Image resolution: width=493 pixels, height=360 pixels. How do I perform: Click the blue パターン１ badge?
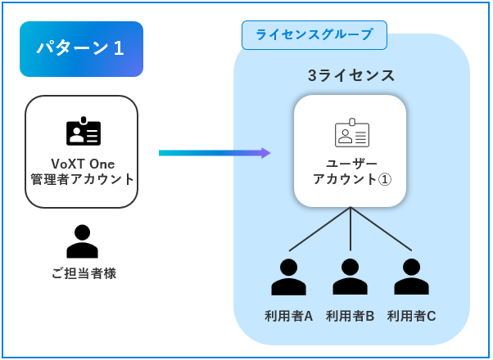(81, 49)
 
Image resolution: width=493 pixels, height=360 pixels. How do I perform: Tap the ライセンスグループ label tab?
(314, 35)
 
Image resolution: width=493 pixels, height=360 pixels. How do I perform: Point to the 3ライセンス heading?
(351, 76)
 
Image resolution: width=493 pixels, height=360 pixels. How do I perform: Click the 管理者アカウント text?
(81, 179)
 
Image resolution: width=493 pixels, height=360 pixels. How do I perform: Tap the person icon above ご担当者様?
(82, 241)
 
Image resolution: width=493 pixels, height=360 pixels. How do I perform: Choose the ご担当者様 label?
(82, 273)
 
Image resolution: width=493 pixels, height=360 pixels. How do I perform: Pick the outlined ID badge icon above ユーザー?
(351, 133)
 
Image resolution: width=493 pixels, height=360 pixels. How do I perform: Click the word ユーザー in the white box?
(351, 163)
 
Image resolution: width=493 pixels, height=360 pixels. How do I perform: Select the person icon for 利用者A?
(289, 277)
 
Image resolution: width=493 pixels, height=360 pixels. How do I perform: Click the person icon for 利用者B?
(351, 277)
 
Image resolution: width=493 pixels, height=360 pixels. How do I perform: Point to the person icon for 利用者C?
(411, 277)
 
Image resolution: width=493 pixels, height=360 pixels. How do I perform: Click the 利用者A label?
(289, 315)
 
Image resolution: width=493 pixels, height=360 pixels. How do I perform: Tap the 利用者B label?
(351, 315)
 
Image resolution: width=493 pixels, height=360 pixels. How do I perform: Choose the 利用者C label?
(411, 315)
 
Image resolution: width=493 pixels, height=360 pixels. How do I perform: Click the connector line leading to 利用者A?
(319, 229)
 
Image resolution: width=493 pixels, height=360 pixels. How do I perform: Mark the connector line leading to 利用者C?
(382, 229)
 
